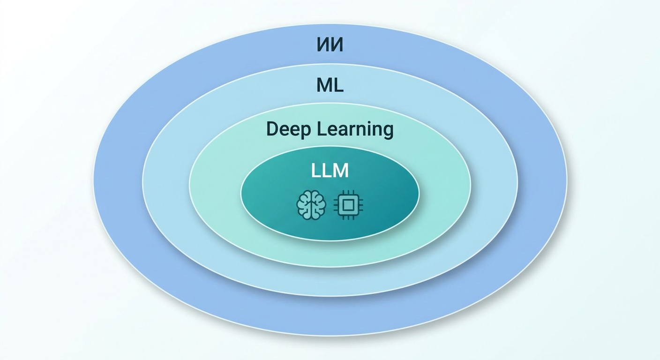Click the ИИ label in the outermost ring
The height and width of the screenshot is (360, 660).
[x=330, y=45]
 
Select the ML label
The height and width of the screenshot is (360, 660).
[x=330, y=85]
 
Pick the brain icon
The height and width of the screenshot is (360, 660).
[x=311, y=205]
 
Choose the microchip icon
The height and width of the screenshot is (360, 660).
[x=348, y=205]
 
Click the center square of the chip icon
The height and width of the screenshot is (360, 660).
[x=348, y=205]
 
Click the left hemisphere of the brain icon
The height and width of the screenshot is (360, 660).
[x=304, y=205]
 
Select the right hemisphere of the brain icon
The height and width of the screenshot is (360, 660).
[x=319, y=205]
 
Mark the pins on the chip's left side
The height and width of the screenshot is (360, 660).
[x=336, y=205]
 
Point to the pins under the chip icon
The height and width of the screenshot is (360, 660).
[x=348, y=217]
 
